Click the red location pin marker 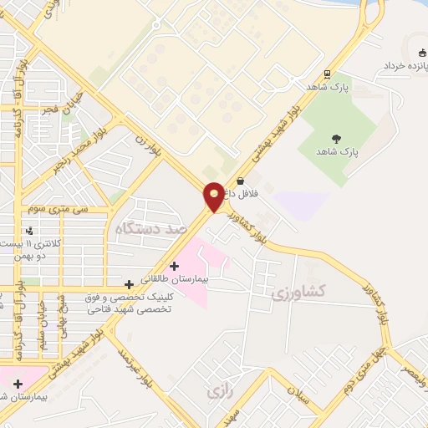point(214,196)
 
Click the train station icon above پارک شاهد point(327,74)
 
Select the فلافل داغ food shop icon point(241,181)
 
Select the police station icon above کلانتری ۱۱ point(30,230)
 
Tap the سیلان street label point(298,392)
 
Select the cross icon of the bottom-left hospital point(17,384)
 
